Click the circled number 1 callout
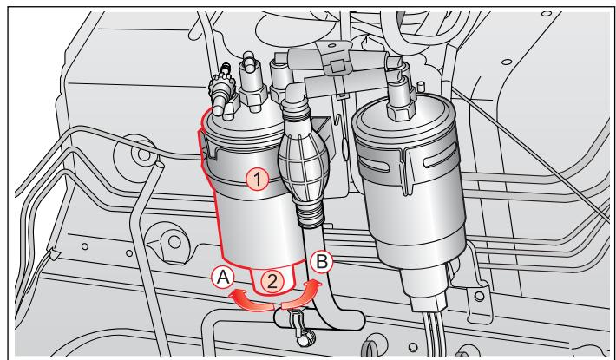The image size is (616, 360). tap(255, 179)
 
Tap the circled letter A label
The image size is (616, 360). tap(221, 278)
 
